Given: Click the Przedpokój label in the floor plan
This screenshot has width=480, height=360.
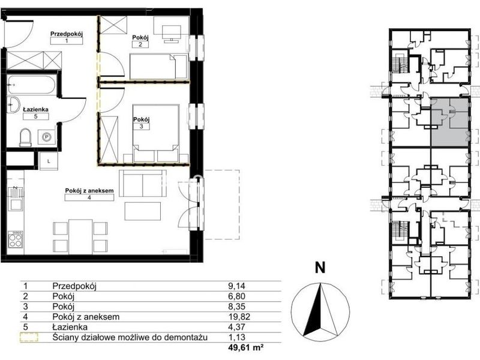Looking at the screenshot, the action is [67, 34].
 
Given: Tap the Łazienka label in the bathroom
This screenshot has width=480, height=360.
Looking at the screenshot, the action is [36, 109].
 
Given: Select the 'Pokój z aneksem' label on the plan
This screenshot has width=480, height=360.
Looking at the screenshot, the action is [89, 190].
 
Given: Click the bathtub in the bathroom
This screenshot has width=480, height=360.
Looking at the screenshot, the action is [32, 85].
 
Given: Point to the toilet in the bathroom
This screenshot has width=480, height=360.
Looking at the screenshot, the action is [25, 138].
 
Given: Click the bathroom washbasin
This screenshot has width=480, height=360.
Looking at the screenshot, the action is [13, 104].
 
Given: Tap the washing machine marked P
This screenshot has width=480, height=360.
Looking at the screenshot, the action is [47, 137].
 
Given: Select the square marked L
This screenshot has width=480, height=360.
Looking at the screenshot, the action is [49, 161].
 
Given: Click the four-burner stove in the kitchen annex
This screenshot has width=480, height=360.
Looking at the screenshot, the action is [16, 239].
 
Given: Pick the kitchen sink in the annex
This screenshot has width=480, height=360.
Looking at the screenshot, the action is [16, 199].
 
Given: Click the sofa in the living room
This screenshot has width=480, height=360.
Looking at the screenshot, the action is [143, 184].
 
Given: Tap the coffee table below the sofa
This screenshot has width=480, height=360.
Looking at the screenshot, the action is [143, 211].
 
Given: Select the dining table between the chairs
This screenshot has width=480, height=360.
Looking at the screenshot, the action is [80, 236].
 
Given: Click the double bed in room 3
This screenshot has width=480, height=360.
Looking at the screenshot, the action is [156, 133].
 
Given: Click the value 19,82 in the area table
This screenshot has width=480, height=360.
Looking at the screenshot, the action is [236, 317].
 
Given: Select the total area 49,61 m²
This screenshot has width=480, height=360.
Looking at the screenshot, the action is [246, 347].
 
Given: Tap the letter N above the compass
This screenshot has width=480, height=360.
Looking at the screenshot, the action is [320, 268].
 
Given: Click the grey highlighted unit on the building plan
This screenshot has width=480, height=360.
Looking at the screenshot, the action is [449, 122].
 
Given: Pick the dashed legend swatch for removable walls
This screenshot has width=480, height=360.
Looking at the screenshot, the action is [29, 337].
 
